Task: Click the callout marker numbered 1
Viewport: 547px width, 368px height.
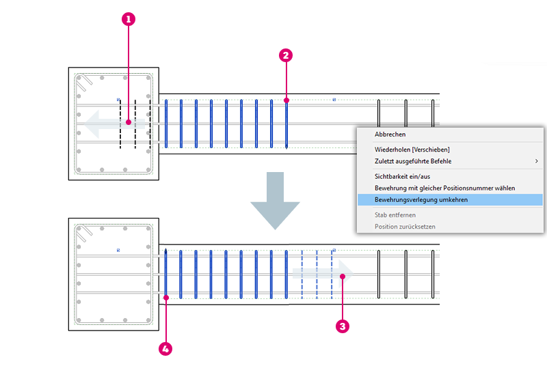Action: point(128,20)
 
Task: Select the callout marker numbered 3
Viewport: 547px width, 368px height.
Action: point(343,326)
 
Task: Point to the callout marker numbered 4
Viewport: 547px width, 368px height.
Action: point(165,349)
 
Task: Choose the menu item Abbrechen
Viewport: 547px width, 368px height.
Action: point(390,135)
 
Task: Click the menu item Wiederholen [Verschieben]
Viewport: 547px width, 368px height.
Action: point(412,149)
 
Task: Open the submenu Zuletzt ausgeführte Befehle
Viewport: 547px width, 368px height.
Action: point(413,161)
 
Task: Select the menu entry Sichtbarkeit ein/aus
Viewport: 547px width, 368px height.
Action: point(402,176)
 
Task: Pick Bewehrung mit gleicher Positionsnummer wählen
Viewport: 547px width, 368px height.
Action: point(444,188)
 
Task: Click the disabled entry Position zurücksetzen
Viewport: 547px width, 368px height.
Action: point(405,227)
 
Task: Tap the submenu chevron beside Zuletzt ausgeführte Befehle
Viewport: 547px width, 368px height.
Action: point(536,161)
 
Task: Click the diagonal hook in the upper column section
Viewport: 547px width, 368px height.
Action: point(84,86)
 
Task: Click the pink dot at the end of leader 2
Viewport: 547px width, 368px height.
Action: point(286,100)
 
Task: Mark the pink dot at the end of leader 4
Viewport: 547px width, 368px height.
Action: point(166,296)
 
